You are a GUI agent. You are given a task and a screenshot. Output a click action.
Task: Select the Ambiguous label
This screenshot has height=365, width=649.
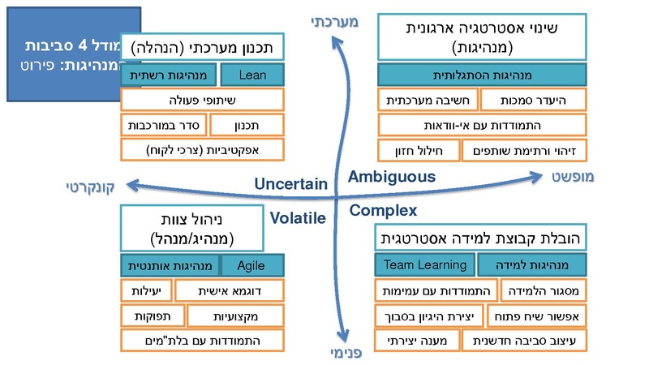(392, 176)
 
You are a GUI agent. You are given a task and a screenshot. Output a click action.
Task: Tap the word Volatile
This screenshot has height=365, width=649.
(298, 217)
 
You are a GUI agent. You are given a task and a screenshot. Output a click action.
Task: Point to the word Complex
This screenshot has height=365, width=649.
(384, 211)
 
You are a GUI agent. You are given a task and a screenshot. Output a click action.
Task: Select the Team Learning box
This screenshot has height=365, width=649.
(424, 264)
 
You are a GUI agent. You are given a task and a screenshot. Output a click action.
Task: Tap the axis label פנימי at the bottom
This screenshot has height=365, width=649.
(345, 352)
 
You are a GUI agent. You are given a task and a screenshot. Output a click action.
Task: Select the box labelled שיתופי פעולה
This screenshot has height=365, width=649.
(203, 100)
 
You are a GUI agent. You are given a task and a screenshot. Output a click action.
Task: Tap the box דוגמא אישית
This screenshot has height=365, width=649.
(230, 290)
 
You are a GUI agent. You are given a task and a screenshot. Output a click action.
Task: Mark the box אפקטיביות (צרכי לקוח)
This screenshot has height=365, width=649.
(203, 149)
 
